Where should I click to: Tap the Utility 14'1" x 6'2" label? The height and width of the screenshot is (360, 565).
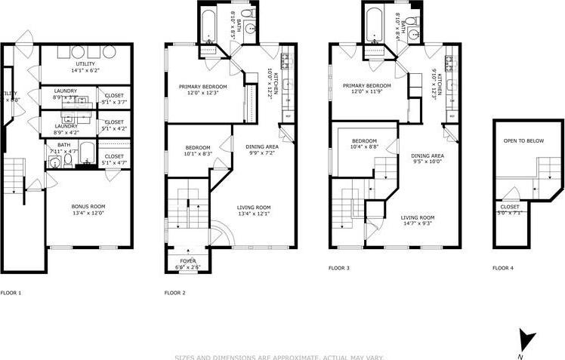(85, 67)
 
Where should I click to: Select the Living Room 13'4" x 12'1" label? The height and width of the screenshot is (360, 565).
(254, 211)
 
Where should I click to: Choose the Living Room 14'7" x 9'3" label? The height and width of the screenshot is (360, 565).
(418, 220)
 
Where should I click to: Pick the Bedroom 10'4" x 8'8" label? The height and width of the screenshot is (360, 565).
(364, 143)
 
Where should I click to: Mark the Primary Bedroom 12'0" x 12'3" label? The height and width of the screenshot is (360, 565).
(202, 89)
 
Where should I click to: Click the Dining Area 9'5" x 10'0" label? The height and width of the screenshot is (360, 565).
(428, 158)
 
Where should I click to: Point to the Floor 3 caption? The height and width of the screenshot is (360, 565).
(338, 268)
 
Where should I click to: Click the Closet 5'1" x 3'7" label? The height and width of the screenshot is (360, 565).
(114, 99)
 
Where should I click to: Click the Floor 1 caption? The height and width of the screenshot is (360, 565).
(11, 292)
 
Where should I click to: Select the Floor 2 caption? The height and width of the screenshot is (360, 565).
(174, 292)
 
